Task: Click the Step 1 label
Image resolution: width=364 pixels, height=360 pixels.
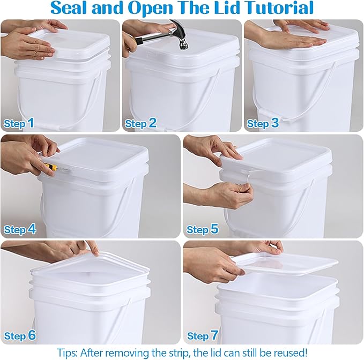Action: [x=19, y=123]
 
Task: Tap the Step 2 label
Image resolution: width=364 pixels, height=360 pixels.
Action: [x=140, y=123]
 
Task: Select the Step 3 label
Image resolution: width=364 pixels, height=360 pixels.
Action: [x=262, y=123]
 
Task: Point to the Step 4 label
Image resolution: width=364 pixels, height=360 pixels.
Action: [x=20, y=229]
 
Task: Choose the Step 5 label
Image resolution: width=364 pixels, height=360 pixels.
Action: [x=202, y=229]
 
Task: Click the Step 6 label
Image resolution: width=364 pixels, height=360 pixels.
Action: [x=20, y=336]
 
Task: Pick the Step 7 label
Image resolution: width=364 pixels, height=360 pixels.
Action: [x=202, y=336]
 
